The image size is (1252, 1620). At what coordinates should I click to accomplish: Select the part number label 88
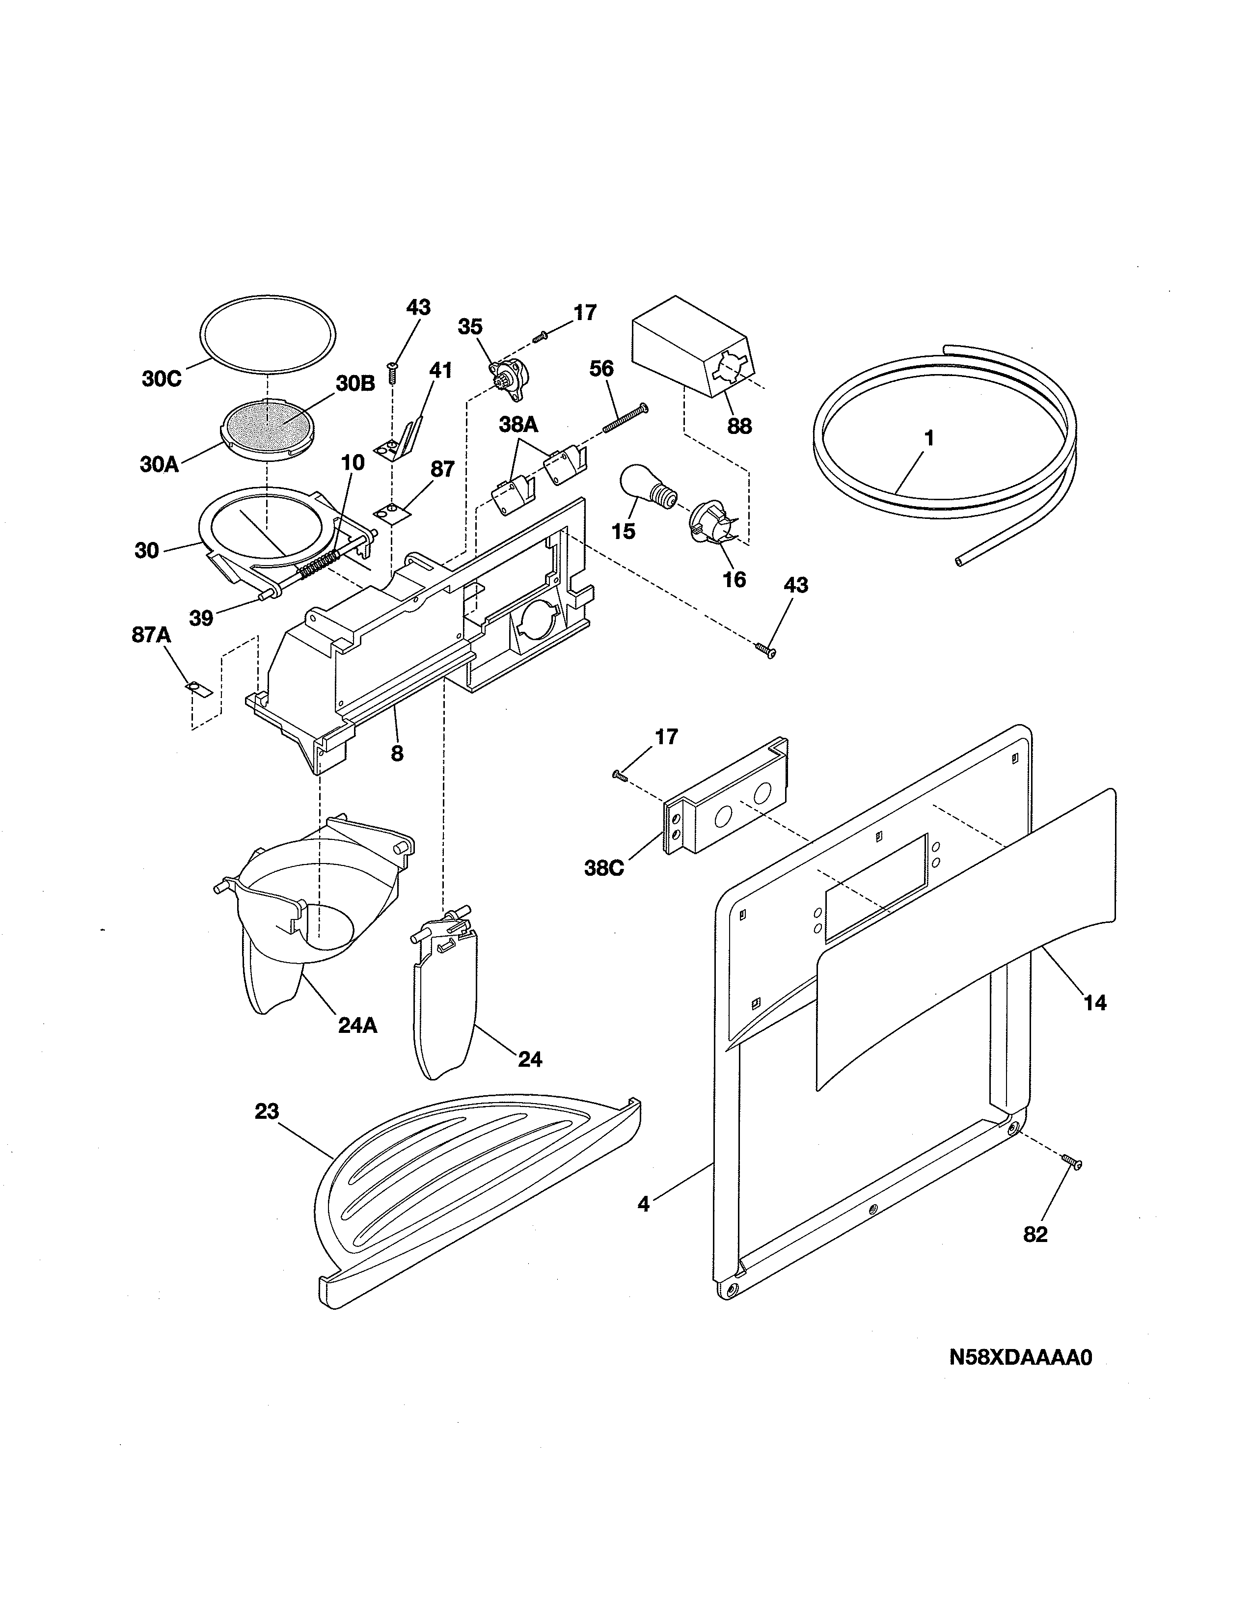[739, 427]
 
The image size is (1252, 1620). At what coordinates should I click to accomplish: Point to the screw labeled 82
[1071, 1162]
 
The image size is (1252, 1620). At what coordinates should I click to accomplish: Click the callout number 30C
[161, 379]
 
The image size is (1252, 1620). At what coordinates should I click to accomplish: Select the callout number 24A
[357, 1025]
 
